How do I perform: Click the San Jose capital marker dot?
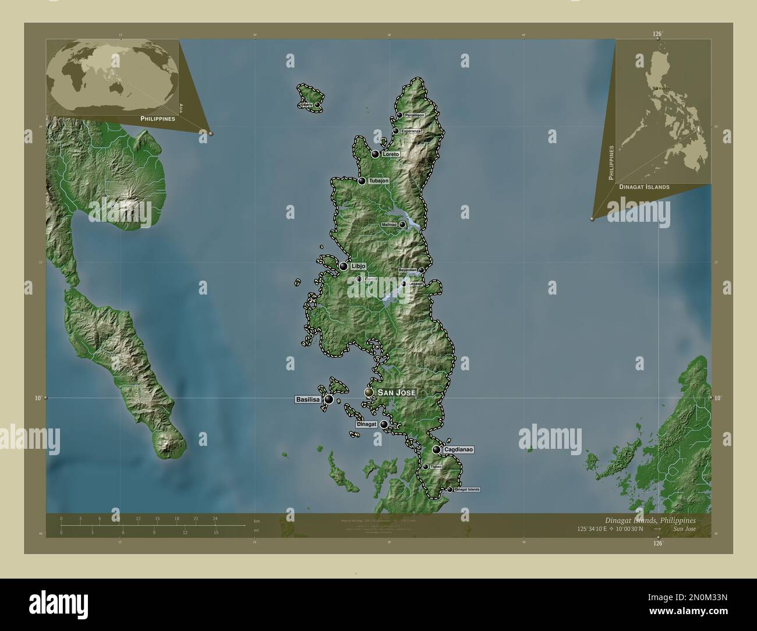click(x=368, y=393)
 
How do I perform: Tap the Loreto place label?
click(x=391, y=154)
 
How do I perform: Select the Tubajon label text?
click(x=378, y=181)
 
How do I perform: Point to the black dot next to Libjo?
click(x=344, y=267)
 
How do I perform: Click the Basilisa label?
click(x=307, y=399)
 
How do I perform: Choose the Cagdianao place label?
click(x=458, y=449)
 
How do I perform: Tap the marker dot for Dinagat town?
click(x=384, y=424)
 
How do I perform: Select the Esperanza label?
click(x=411, y=131)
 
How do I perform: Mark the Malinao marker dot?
click(x=402, y=224)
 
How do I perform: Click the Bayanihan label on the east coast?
click(x=407, y=271)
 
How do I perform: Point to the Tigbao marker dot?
click(x=426, y=467)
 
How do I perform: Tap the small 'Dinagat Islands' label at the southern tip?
click(x=467, y=490)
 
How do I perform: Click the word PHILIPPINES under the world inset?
click(x=158, y=118)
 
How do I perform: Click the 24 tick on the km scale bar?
click(x=215, y=518)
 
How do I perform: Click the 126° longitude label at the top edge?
click(x=657, y=35)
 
